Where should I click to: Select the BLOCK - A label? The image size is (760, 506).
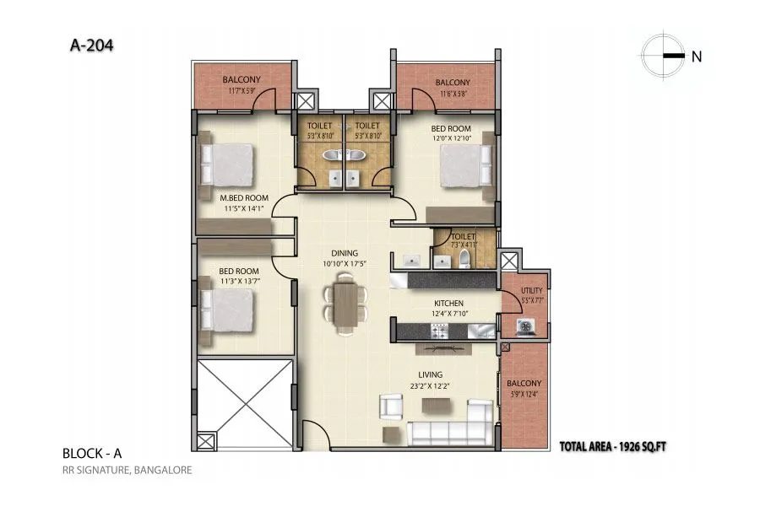coord(91,453)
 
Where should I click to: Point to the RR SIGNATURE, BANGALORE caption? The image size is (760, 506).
coord(127,470)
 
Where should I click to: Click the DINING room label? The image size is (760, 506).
coord(345,253)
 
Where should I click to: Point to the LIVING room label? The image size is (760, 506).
coord(430,375)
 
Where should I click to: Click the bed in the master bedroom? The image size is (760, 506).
coord(226,164)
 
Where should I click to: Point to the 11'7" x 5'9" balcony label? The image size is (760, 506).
coord(242,81)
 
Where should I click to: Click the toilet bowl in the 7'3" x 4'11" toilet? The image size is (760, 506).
coord(464,257)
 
